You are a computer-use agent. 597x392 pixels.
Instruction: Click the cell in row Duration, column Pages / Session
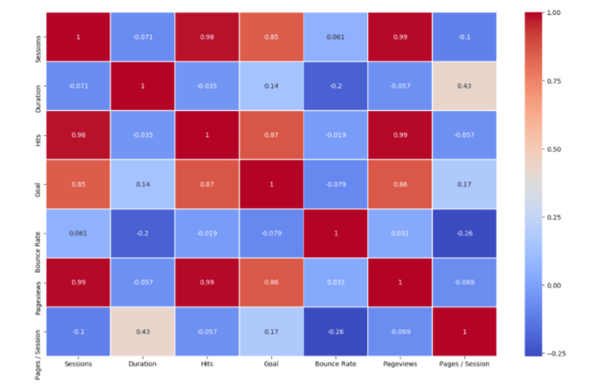pyautogui.click(x=464, y=86)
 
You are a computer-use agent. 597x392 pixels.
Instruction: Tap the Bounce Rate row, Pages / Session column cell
pyautogui.click(x=464, y=234)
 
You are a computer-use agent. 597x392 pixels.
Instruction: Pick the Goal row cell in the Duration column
pyautogui.click(x=142, y=184)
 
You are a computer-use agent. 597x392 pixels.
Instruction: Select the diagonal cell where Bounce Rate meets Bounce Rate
pyautogui.click(x=336, y=234)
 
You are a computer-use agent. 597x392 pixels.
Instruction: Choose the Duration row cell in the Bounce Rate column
pyautogui.click(x=336, y=86)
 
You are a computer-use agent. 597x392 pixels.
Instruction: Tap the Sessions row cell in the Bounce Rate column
pyautogui.click(x=336, y=36)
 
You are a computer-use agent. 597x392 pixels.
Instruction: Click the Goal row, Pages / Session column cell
pyautogui.click(x=464, y=184)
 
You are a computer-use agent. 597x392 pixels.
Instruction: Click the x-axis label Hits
pyautogui.click(x=206, y=364)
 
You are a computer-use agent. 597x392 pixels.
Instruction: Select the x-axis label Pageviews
pyautogui.click(x=400, y=364)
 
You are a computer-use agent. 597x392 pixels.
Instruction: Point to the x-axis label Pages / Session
pyautogui.click(x=464, y=364)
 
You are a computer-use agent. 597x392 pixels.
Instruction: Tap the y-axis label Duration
pyautogui.click(x=38, y=86)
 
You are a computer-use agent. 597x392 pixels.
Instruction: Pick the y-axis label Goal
pyautogui.click(x=38, y=184)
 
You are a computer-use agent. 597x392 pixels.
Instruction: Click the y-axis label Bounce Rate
pyautogui.click(x=38, y=234)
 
